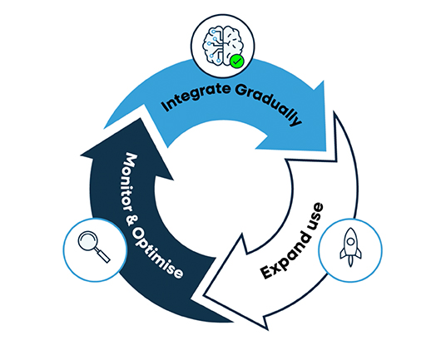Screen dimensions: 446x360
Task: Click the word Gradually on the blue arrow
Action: tap(269, 103)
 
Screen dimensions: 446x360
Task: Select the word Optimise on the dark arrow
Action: tap(157, 252)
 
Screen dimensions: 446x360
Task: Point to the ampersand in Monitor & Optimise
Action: tap(130, 220)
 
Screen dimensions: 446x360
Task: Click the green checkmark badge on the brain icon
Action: tap(236, 61)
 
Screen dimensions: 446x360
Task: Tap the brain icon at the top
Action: tap(223, 47)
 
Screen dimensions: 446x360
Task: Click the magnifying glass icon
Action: tap(94, 246)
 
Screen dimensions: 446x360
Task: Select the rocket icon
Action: tap(350, 247)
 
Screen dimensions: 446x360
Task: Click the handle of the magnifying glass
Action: tap(102, 255)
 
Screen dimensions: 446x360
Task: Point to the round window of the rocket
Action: tap(350, 241)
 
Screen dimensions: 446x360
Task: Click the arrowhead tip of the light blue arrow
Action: tap(326, 150)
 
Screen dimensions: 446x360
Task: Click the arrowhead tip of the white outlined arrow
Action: tap(204, 295)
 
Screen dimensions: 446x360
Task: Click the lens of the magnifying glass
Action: tap(88, 241)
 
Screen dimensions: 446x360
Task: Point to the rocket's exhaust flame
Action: tap(350, 262)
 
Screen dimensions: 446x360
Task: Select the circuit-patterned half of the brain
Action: tap(213, 46)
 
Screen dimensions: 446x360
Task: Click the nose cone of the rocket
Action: tap(350, 232)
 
